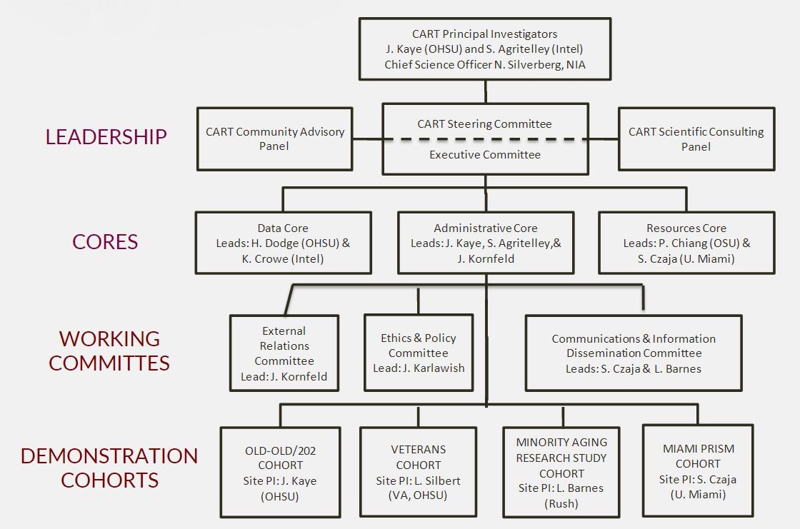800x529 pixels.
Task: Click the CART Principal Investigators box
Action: click(x=484, y=49)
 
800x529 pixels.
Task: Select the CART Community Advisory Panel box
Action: click(x=275, y=138)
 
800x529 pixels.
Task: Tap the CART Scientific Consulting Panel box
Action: click(x=696, y=138)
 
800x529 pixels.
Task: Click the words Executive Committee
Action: click(x=484, y=155)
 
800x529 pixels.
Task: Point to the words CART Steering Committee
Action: click(x=484, y=124)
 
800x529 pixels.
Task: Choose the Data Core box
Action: click(x=283, y=243)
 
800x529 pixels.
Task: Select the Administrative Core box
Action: click(x=486, y=243)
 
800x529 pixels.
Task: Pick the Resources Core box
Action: click(x=686, y=243)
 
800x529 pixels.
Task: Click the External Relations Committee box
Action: click(x=284, y=353)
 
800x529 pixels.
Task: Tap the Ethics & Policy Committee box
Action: click(x=419, y=353)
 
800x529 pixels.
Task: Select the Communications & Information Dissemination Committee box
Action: click(x=634, y=353)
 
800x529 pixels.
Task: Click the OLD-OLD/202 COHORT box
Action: click(x=280, y=472)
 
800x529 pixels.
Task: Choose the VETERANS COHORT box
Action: click(x=419, y=472)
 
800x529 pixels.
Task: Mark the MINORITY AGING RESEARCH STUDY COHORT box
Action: click(x=562, y=472)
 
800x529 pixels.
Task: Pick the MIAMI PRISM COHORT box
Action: click(x=698, y=471)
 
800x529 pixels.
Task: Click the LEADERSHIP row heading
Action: click(x=106, y=136)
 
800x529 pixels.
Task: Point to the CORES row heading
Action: click(x=105, y=241)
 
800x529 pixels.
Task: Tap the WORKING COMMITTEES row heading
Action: click(x=109, y=350)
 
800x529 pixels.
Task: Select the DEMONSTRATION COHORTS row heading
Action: click(x=109, y=467)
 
